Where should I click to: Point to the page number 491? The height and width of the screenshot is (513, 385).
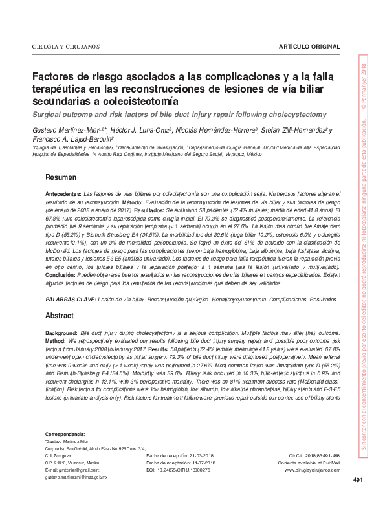click(358, 497)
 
